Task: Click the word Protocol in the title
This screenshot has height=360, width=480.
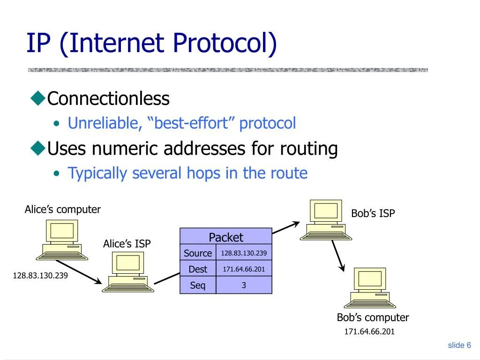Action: (x=225, y=44)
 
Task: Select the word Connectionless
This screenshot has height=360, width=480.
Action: (x=108, y=99)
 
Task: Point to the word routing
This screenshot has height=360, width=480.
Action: (x=309, y=149)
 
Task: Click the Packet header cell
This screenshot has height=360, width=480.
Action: (x=226, y=237)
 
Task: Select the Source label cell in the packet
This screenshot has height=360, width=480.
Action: (x=198, y=253)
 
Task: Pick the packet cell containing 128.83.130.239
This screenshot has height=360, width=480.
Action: (x=244, y=253)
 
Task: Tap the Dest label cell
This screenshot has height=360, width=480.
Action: (x=198, y=269)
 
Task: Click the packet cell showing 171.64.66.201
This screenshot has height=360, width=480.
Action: (x=244, y=269)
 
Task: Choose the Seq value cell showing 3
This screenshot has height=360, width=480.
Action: (x=244, y=285)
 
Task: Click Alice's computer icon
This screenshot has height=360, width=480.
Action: (x=62, y=240)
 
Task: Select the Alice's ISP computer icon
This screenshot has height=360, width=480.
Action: (x=128, y=272)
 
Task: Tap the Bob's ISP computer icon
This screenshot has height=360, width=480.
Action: (x=326, y=220)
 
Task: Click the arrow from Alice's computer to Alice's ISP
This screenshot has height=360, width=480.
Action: (x=78, y=272)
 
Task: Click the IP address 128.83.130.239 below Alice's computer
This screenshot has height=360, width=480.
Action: (x=40, y=276)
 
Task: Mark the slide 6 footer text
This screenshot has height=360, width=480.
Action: (x=459, y=345)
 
